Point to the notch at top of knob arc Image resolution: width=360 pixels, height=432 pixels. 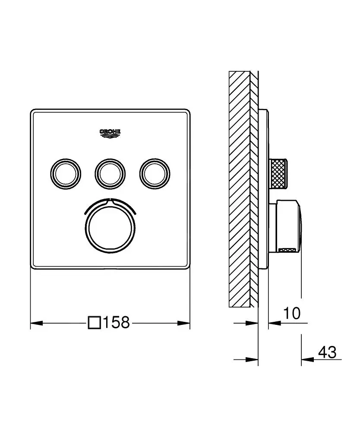tap(110, 200)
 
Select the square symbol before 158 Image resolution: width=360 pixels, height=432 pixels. tap(95, 322)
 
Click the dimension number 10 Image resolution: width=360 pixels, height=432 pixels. tap(292, 313)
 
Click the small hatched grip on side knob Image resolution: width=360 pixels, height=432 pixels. tap(288, 250)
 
